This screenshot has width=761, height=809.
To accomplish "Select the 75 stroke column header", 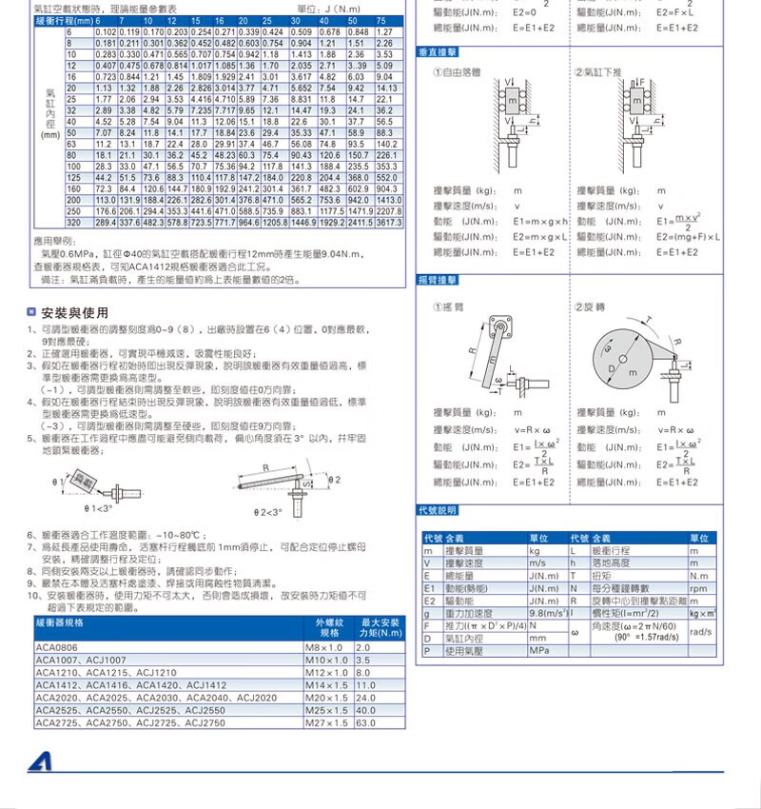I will [x=380, y=21].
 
